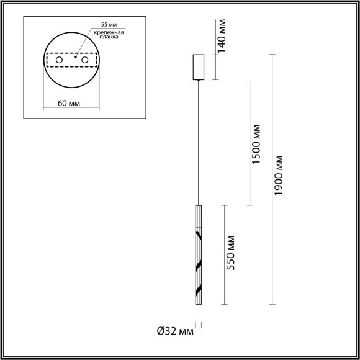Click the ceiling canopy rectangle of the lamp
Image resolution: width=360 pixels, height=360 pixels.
click(x=199, y=68)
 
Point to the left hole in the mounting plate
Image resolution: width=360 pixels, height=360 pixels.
click(x=60, y=60)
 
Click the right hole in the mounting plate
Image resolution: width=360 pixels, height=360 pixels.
click(x=84, y=60)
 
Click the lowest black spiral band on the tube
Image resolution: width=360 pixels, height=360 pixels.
click(x=199, y=290)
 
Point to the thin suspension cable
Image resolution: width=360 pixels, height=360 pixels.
click(x=199, y=143)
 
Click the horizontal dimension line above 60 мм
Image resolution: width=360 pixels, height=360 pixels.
click(x=72, y=94)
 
